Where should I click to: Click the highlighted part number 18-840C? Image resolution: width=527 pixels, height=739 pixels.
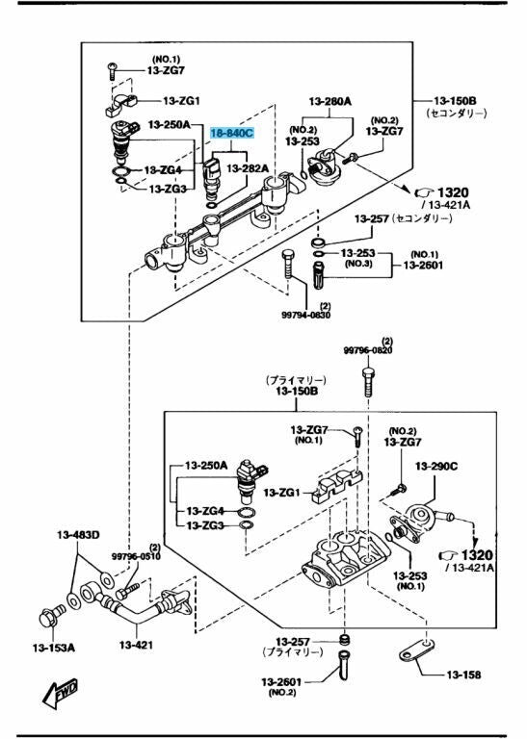click(231, 134)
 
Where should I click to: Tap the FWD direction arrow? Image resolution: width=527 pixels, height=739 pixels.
click(60, 694)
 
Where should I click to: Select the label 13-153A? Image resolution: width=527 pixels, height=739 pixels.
click(53, 648)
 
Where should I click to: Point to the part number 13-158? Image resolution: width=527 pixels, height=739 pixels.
click(463, 675)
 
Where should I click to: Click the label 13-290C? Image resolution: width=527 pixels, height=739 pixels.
click(436, 466)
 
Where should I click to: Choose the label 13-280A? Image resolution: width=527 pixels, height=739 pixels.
click(330, 101)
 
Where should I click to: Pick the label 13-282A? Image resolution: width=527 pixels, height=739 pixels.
click(248, 168)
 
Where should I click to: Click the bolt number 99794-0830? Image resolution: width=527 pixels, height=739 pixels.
click(305, 316)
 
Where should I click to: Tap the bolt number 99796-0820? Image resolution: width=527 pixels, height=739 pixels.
click(367, 350)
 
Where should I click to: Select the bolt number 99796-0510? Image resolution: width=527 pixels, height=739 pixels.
click(136, 556)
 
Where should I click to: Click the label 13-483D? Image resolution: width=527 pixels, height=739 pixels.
click(78, 535)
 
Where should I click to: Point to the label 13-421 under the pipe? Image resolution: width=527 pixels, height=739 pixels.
click(136, 645)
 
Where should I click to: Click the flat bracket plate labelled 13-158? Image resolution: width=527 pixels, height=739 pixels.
click(417, 650)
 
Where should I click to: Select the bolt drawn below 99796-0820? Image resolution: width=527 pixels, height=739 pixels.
click(368, 382)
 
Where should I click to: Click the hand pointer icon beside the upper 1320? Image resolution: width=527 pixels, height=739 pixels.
click(424, 192)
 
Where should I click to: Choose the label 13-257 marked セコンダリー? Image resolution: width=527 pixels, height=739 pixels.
click(372, 218)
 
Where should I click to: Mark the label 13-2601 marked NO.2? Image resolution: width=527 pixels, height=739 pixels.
click(281, 682)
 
